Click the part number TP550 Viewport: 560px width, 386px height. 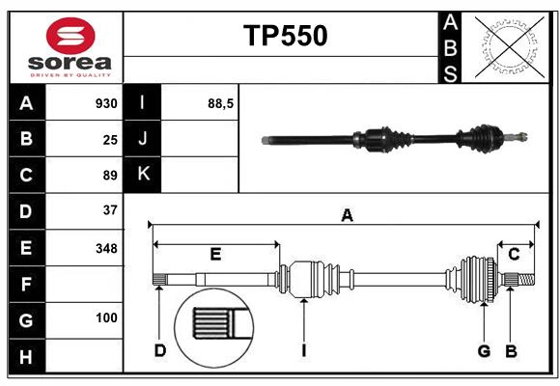(x=285, y=36)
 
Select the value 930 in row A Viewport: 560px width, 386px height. (x=106, y=103)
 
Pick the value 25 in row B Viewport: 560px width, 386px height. (x=110, y=139)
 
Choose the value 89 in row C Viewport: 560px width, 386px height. (x=110, y=176)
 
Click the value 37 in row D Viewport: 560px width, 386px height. (x=110, y=209)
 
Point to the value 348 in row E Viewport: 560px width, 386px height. (x=106, y=248)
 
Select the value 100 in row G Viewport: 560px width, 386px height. (x=106, y=317)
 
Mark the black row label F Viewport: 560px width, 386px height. (x=26, y=285)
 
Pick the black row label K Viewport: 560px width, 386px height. (x=143, y=175)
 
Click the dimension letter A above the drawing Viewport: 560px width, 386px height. (x=347, y=216)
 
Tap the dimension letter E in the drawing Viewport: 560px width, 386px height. (x=216, y=254)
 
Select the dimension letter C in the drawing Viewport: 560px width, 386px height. (x=515, y=254)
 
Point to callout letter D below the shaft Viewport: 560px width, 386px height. (x=160, y=350)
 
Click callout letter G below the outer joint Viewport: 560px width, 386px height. (x=484, y=350)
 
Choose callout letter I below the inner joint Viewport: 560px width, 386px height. (x=303, y=350)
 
